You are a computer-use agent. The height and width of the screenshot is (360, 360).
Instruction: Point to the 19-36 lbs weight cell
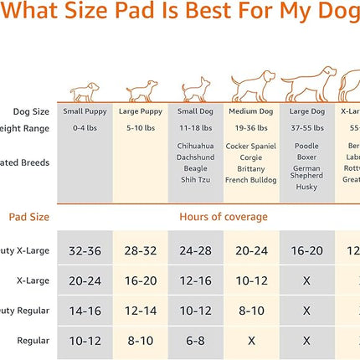coord(251,128)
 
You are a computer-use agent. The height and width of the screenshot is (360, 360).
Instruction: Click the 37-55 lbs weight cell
coord(306,128)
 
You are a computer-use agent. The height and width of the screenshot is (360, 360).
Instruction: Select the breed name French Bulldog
coord(251,180)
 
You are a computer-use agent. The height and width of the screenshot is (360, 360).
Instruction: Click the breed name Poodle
coord(306,145)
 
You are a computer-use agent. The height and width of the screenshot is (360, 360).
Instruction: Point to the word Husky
coord(306,187)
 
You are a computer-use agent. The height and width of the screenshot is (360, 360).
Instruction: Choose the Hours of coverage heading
coord(224,217)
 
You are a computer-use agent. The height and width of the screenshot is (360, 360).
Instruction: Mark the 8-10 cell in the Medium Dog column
coord(251,311)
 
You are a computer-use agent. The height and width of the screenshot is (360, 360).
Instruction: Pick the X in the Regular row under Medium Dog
coord(251,341)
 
